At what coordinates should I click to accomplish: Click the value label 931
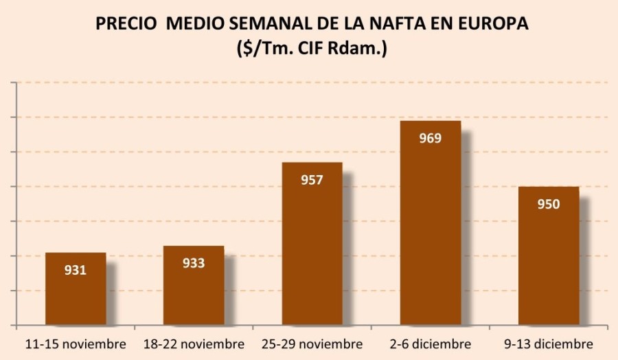[76, 270]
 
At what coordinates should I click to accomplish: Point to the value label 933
[194, 263]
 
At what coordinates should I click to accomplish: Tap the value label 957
[312, 180]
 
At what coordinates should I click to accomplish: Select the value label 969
[430, 138]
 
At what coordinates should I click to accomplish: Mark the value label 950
[549, 204]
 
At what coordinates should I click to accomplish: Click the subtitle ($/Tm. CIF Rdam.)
[310, 49]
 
